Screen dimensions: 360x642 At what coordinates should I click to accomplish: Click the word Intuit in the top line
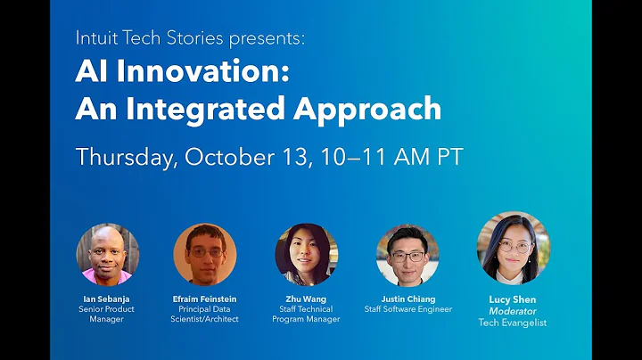(x=96, y=39)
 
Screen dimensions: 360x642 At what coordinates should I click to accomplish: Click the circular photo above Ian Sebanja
(x=107, y=254)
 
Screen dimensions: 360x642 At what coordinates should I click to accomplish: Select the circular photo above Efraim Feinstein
(x=204, y=254)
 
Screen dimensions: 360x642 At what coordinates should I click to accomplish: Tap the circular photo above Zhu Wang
(x=306, y=254)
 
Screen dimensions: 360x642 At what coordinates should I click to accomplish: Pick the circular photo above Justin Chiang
(x=407, y=254)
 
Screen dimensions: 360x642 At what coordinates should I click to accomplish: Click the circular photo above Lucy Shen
(x=513, y=248)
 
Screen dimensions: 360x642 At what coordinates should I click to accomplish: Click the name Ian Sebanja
(x=107, y=299)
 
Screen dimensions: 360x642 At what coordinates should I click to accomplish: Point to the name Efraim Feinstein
(x=205, y=299)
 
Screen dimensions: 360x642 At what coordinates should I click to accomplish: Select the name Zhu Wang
(x=306, y=299)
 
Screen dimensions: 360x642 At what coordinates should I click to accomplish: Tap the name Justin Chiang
(x=407, y=299)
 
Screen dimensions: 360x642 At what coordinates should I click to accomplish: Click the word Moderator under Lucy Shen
(x=514, y=312)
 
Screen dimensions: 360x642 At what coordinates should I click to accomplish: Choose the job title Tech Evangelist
(x=514, y=323)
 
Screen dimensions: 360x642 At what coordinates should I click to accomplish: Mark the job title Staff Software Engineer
(x=407, y=309)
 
